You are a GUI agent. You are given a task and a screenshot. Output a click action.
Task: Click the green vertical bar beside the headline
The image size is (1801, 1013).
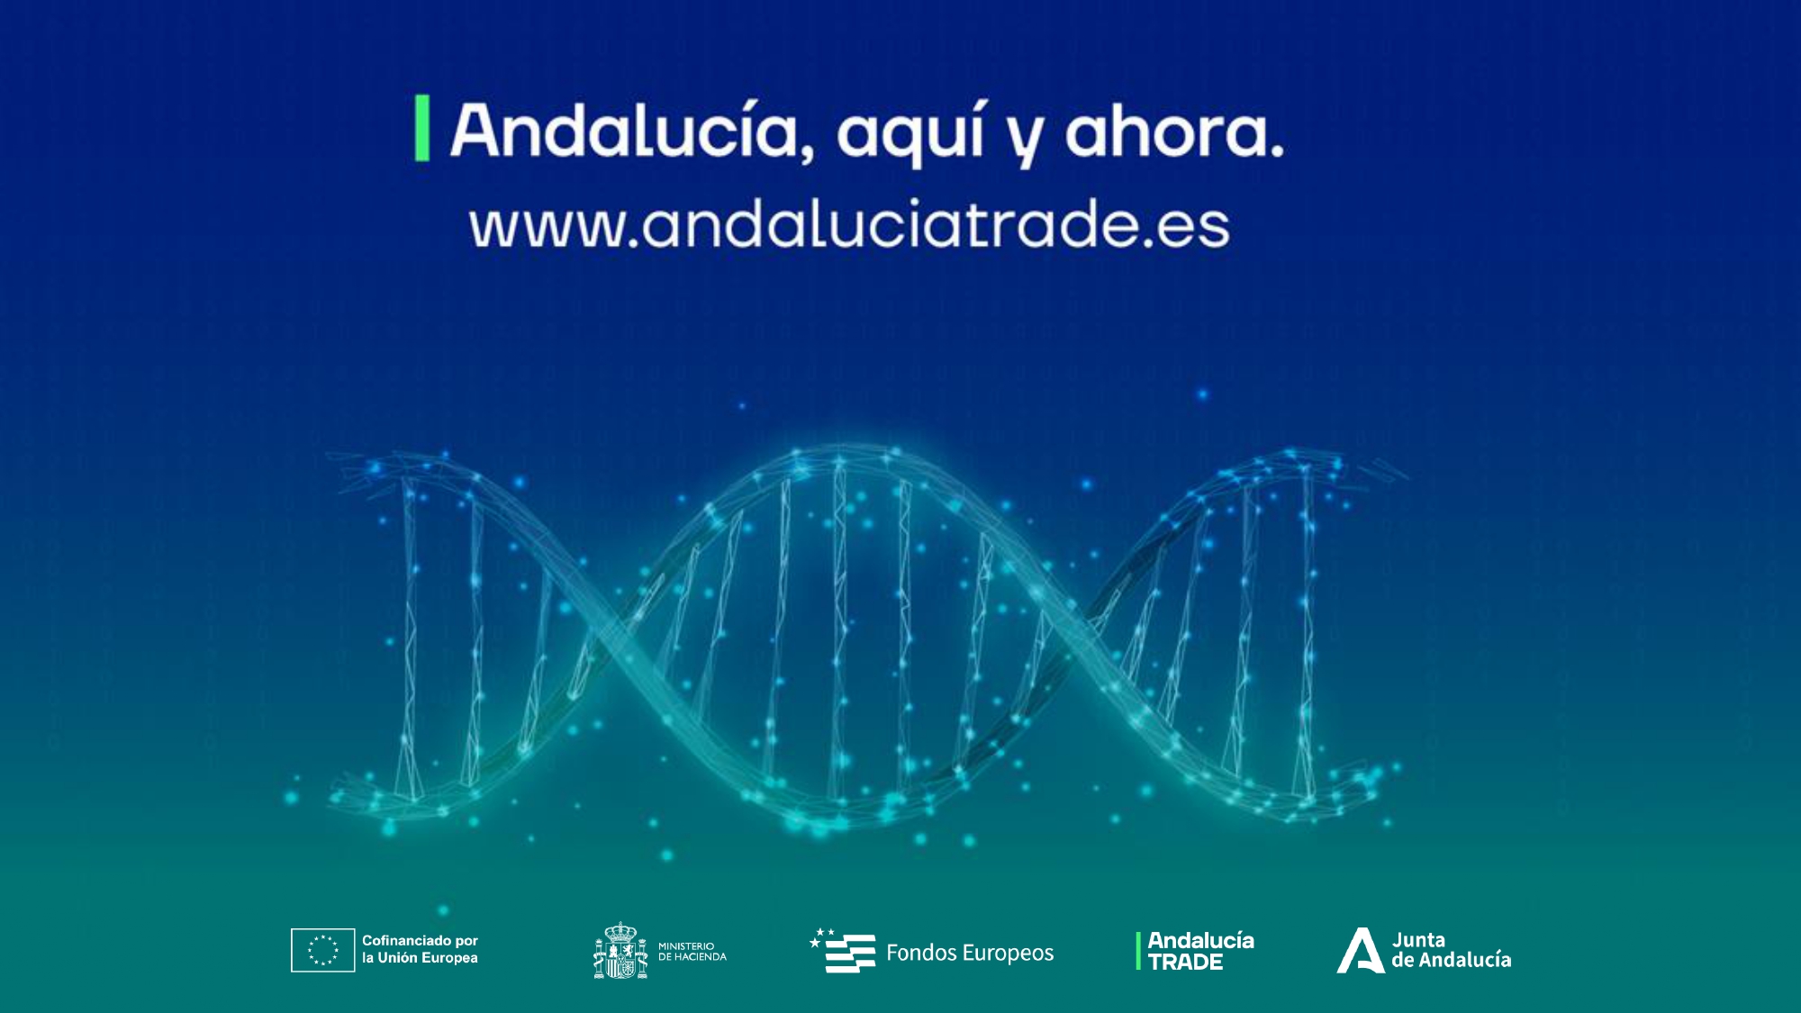(x=421, y=129)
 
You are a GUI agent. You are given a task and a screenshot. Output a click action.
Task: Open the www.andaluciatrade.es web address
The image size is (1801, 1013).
(x=849, y=224)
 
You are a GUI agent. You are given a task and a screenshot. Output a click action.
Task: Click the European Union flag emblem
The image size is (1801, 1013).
(x=322, y=950)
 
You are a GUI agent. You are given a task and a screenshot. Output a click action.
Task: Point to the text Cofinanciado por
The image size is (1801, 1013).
(x=420, y=940)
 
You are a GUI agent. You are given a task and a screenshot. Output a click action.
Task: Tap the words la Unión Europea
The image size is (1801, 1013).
(x=420, y=958)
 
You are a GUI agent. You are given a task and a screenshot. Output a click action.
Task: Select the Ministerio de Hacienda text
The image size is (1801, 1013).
(x=692, y=952)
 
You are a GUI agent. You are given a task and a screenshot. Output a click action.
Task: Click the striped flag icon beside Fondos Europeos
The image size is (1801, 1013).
(x=843, y=951)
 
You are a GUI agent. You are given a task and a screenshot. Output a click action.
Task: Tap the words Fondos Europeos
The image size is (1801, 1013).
(x=970, y=953)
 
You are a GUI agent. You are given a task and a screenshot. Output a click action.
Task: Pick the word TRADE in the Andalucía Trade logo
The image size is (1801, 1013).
(x=1185, y=963)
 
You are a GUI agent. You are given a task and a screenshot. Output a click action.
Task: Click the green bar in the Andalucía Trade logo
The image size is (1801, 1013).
(x=1138, y=951)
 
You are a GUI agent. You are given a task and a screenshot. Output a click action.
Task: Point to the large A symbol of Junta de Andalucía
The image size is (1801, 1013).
(x=1360, y=951)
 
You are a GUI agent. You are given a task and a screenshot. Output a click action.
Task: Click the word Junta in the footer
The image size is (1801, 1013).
(x=1418, y=940)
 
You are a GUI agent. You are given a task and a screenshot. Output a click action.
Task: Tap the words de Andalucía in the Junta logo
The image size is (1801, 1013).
(x=1452, y=960)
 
